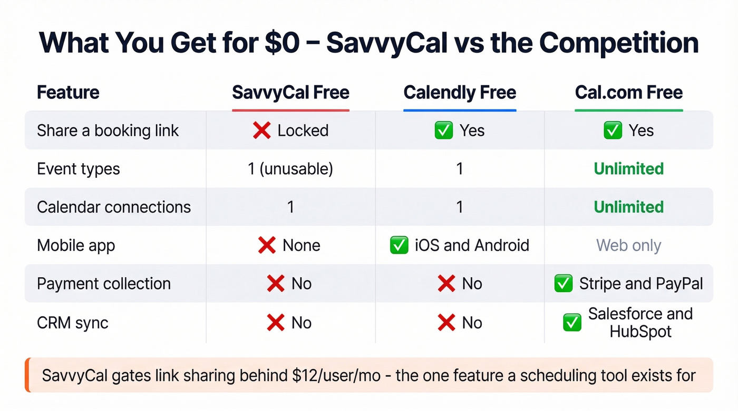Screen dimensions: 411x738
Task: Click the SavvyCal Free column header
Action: pyautogui.click(x=290, y=93)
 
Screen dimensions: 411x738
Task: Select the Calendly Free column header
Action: pyautogui.click(x=460, y=93)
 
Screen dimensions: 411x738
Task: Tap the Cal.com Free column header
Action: pyautogui.click(x=628, y=93)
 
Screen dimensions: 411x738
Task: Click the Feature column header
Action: pyautogui.click(x=68, y=93)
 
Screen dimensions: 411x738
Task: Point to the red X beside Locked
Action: pyautogui.click(x=262, y=131)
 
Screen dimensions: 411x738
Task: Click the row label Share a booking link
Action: pyautogui.click(x=108, y=131)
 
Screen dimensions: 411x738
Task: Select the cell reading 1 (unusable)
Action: pyautogui.click(x=290, y=169)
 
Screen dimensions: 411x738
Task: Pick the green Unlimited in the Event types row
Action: pyautogui.click(x=628, y=169)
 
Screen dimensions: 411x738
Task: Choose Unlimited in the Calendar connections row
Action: pyautogui.click(x=628, y=207)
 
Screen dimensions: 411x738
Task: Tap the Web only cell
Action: pyautogui.click(x=628, y=245)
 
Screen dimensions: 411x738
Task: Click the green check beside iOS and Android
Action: pyautogui.click(x=399, y=245)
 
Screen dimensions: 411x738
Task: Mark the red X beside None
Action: pyautogui.click(x=267, y=245)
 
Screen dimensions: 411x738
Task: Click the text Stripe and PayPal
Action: pyautogui.click(x=641, y=284)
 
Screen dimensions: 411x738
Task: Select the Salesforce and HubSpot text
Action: pyautogui.click(x=640, y=323)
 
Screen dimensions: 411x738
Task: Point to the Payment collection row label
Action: pyautogui.click(x=103, y=284)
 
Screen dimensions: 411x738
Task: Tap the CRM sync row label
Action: pyautogui.click(x=72, y=323)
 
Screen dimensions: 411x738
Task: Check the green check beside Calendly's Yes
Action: pyautogui.click(x=443, y=131)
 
